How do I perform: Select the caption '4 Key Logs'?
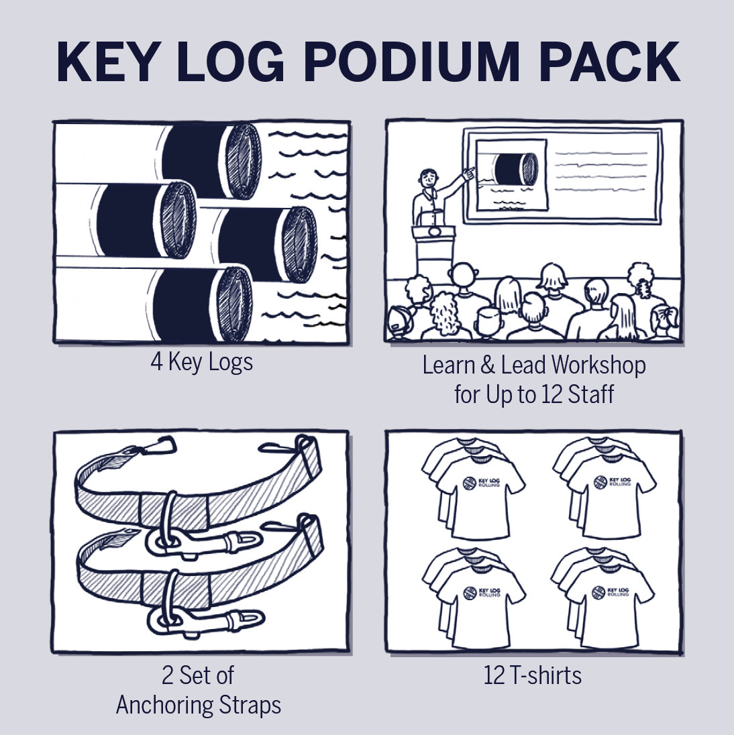[x=201, y=362]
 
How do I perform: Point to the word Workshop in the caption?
[x=598, y=365]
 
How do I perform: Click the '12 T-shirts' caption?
[x=533, y=675]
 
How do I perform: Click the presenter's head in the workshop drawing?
[x=428, y=179]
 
